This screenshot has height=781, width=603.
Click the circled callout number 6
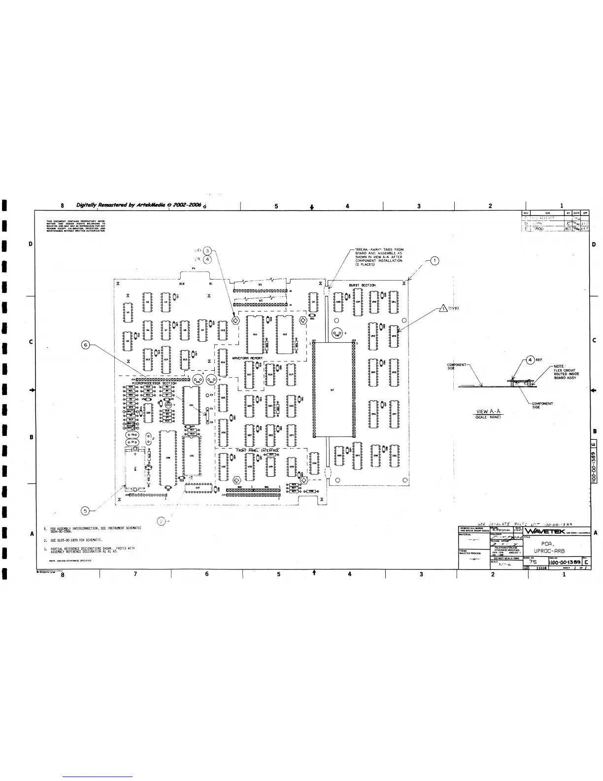[86, 344]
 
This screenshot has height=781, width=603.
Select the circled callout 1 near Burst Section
[435, 261]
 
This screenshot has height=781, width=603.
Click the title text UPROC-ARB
[552, 551]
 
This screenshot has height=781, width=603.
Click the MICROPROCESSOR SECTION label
[154, 383]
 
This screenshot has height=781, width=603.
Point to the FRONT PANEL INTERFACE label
[257, 450]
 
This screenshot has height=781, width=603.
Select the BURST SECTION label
[362, 285]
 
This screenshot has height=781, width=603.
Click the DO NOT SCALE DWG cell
[506, 558]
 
